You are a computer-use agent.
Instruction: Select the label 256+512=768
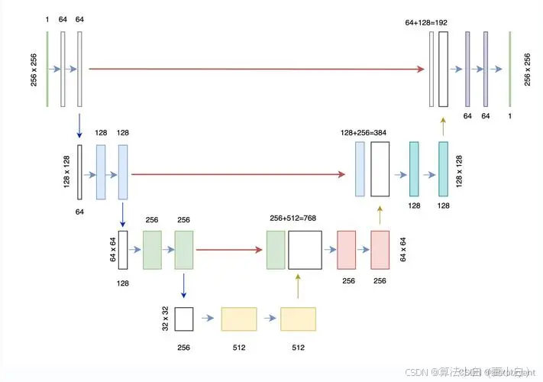293,219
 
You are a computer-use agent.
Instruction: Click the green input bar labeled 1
47,69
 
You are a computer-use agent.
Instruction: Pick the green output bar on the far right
509,69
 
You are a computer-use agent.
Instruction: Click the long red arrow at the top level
256,69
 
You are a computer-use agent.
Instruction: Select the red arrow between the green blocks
229,249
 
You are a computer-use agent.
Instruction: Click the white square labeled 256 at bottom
184,318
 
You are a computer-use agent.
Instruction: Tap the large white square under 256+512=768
305,250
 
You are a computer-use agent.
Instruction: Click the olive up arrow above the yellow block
299,287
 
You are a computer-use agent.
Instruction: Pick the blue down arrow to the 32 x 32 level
183,286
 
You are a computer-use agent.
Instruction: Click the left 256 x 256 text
34,69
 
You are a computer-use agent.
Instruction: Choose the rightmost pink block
380,249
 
